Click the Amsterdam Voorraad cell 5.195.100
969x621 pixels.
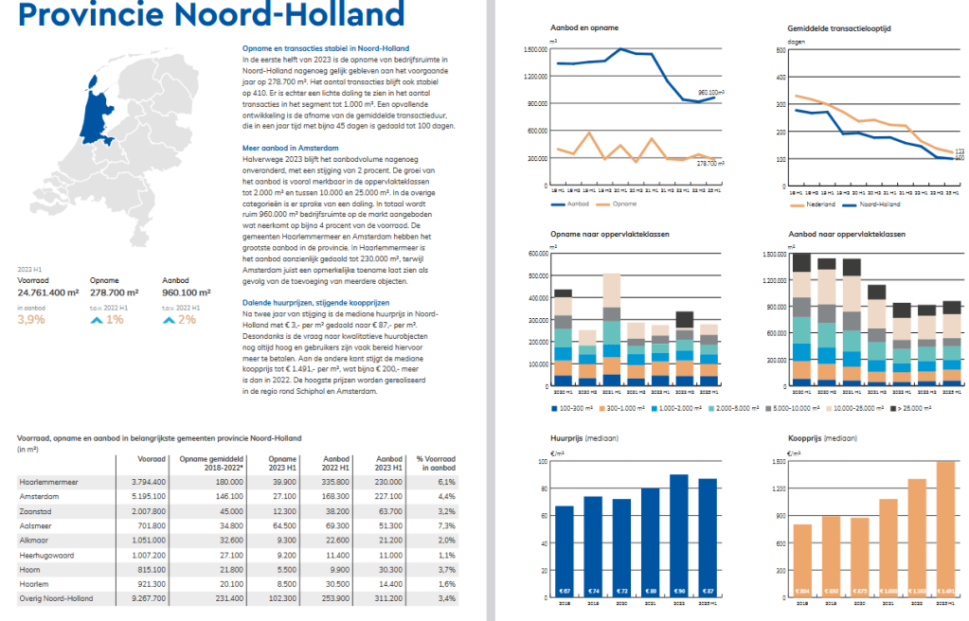click(147, 495)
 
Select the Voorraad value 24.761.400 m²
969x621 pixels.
click(48, 293)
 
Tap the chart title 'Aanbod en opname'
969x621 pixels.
click(578, 28)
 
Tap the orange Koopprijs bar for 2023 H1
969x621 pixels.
click(944, 531)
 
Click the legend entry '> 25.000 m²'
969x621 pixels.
click(913, 408)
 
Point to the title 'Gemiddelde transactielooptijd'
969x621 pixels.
click(838, 28)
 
